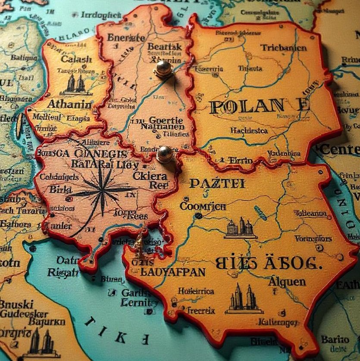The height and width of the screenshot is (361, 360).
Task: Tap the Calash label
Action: [x=76, y=59]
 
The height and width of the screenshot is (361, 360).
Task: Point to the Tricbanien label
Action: [x=283, y=48]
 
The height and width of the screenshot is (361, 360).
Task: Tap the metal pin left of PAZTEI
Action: [x=165, y=153]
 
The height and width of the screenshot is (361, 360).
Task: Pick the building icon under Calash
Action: [x=76, y=85]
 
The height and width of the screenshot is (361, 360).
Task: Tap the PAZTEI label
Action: [x=217, y=184]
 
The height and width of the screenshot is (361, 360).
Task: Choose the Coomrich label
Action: [x=203, y=206]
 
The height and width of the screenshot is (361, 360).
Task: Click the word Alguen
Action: [x=287, y=282]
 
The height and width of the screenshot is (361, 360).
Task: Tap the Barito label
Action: [x=335, y=339]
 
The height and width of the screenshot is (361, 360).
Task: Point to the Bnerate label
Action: [x=126, y=37]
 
